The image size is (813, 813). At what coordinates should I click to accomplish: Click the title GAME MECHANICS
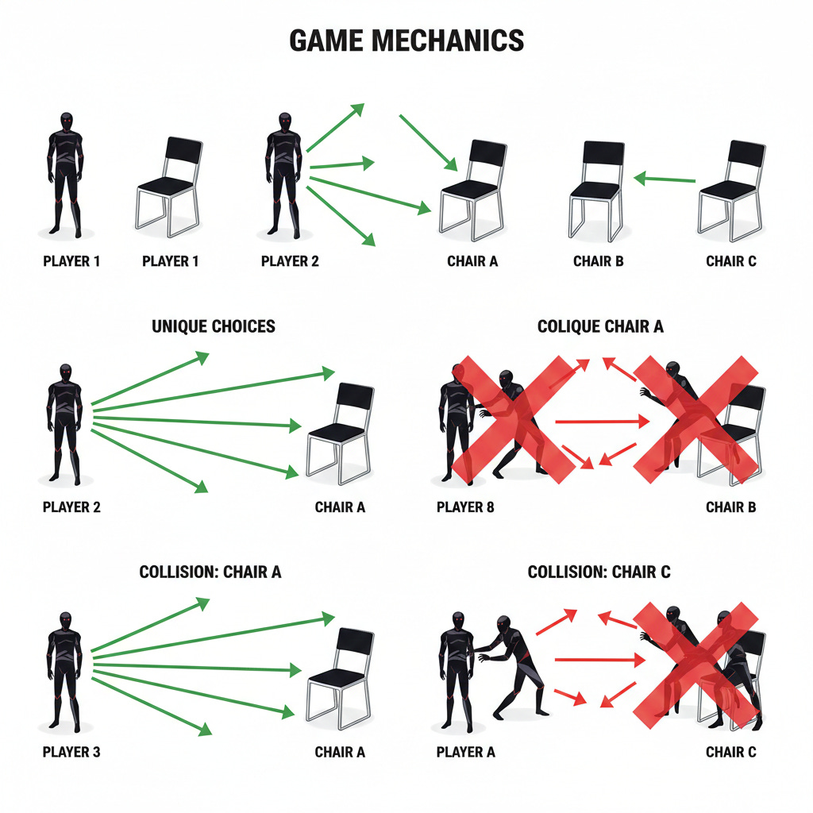[x=406, y=40]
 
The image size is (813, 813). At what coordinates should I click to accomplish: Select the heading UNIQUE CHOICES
[x=214, y=326]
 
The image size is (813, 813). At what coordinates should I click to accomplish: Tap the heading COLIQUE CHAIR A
[x=600, y=326]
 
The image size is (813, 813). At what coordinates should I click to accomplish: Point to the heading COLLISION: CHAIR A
[x=210, y=572]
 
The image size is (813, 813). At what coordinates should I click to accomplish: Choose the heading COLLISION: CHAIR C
[x=599, y=572]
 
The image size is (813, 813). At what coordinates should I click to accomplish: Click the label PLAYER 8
[x=465, y=507]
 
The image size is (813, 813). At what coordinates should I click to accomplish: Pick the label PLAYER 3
[x=71, y=752]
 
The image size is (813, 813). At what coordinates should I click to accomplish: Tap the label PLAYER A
[x=466, y=752]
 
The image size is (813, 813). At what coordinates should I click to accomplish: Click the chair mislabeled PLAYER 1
[x=168, y=187]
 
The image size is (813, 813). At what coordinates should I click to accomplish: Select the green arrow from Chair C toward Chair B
[x=665, y=179]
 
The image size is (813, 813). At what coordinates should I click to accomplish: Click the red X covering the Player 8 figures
[x=512, y=419]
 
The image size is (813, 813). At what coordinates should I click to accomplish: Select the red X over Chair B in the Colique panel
[x=696, y=419]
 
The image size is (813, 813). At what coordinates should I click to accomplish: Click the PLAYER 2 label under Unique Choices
[x=71, y=507]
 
